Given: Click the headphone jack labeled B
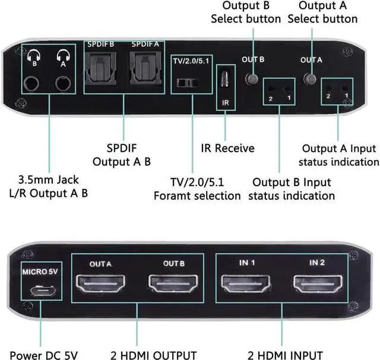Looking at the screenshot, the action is click(x=35, y=84).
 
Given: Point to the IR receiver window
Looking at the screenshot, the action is click(x=225, y=78).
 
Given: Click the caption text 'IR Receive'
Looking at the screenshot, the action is click(x=226, y=148).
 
